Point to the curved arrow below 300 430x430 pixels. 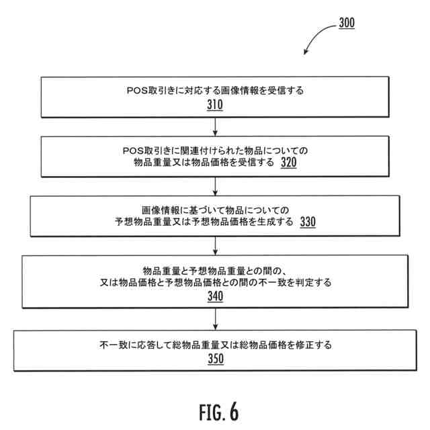coord(316,41)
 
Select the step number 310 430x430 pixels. coord(214,105)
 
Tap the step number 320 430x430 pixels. coord(288,163)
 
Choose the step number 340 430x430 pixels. coord(214,296)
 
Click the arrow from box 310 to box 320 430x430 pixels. coord(214,127)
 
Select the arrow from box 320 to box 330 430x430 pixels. coord(214,186)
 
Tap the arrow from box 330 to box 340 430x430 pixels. coord(214,245)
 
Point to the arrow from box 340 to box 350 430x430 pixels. coord(214,320)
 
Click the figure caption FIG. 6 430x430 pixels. coord(214,409)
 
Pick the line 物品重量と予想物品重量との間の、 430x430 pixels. coord(214,269)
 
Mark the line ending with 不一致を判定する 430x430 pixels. coord(214,282)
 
